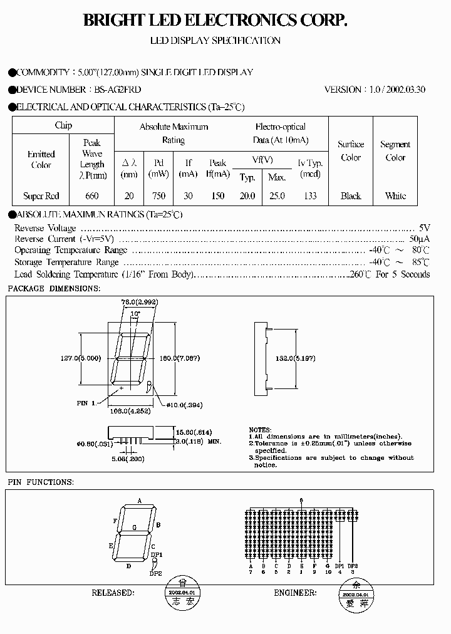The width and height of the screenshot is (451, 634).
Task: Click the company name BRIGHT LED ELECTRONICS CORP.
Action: click(x=215, y=21)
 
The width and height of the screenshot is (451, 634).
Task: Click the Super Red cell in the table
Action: click(x=41, y=196)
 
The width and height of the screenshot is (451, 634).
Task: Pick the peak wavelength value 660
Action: click(x=92, y=196)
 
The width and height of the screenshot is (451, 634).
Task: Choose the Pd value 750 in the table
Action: click(x=159, y=196)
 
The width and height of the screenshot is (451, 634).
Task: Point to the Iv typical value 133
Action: click(x=309, y=196)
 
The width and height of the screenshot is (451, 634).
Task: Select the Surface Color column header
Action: click(x=351, y=151)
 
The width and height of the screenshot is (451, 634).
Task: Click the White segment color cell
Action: click(x=395, y=196)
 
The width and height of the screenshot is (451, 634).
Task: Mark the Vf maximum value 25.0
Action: click(x=277, y=196)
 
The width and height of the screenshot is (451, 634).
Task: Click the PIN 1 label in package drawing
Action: click(x=86, y=403)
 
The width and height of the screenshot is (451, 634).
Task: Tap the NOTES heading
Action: click(x=261, y=430)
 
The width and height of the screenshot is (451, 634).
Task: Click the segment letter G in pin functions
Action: click(x=134, y=527)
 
